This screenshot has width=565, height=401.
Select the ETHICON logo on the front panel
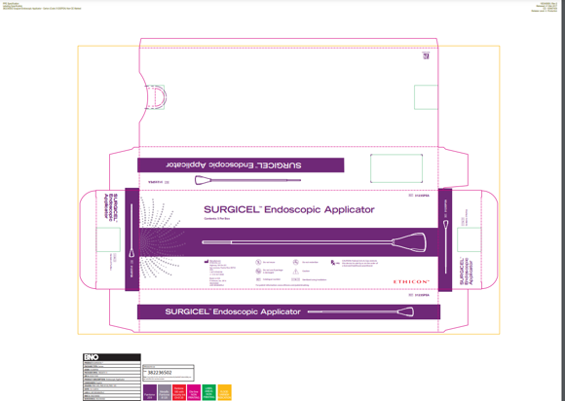pyautogui.click(x=411, y=282)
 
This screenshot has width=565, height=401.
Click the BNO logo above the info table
pyautogui.click(x=92, y=357)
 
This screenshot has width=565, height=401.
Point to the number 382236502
pyautogui.click(x=159, y=373)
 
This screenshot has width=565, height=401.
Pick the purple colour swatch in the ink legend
pyautogui.click(x=150, y=393)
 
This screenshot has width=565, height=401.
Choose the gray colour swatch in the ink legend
pyautogui.click(x=165, y=393)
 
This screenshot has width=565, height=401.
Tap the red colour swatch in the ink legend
pyautogui.click(x=179, y=393)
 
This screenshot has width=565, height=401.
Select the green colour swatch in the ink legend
pyautogui.click(x=209, y=393)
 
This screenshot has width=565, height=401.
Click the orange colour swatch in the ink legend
pyautogui.click(x=225, y=393)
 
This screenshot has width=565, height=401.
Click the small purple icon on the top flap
pyautogui.click(x=426, y=56)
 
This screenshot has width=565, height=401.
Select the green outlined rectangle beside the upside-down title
pyautogui.click(x=395, y=168)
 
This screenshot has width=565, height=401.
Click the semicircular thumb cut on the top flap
pyautogui.click(x=156, y=97)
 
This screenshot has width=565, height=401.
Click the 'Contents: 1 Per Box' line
pyautogui.click(x=216, y=220)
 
